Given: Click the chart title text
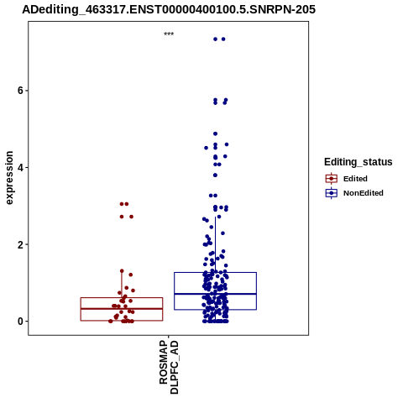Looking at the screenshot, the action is (x=169, y=9).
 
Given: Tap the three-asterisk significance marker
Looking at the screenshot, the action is (x=169, y=34).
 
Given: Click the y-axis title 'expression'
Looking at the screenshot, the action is (x=9, y=178).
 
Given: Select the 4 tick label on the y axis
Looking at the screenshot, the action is (x=20, y=167).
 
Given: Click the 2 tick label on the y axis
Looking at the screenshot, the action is (x=20, y=244).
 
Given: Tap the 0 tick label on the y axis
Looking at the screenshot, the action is (x=20, y=322).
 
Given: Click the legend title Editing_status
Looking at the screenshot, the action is (x=359, y=162).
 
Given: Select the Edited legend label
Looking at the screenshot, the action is (x=355, y=179).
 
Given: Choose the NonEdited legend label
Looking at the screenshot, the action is (x=364, y=193).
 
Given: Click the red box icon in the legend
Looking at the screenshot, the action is (x=332, y=179).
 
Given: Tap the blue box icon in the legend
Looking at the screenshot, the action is (x=332, y=193).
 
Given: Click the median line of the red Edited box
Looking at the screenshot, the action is (x=122, y=309).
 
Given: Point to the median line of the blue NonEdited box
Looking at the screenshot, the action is (x=215, y=294).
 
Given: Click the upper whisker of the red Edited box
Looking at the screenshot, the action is (x=122, y=285).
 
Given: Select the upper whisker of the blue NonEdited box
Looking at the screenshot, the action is (x=215, y=244).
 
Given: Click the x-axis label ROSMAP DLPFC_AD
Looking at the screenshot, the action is (x=169, y=367).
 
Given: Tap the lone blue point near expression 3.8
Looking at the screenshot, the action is (x=215, y=175).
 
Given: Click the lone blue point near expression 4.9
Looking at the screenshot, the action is (x=215, y=133).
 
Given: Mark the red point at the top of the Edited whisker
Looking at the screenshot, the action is (x=122, y=271).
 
